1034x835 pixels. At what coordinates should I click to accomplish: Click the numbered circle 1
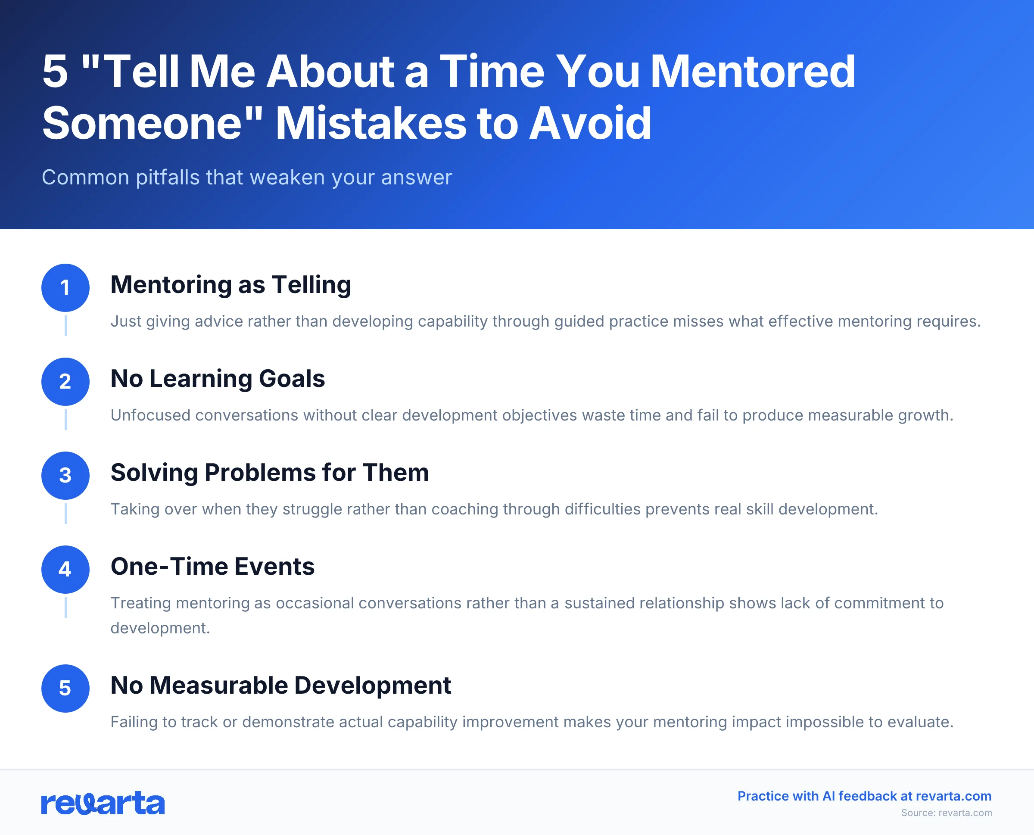pos(65,288)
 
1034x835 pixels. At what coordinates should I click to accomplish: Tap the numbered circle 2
pos(65,381)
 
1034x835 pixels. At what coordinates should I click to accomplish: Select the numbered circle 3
pos(65,475)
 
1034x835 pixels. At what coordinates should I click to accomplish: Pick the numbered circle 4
pos(65,569)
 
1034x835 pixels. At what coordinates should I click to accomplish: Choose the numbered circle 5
pos(65,689)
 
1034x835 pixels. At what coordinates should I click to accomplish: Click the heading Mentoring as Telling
pos(230,285)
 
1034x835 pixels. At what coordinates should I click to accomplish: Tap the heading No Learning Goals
pos(218,379)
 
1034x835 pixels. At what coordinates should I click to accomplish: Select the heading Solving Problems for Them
pos(269,472)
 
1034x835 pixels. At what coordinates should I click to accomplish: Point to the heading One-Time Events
pos(212,566)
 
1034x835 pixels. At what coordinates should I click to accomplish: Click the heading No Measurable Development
pos(280,685)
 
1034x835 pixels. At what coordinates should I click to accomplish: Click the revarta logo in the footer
pos(103,803)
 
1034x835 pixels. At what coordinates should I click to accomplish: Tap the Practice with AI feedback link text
pos(864,796)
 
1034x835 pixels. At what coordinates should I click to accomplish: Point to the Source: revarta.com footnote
pos(946,813)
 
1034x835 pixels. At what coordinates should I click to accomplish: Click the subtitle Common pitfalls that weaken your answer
pos(247,178)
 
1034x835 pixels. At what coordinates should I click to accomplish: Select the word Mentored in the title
pos(753,72)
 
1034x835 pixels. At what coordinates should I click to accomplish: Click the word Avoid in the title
pos(590,124)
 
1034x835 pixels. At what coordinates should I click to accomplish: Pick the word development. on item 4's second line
pos(160,628)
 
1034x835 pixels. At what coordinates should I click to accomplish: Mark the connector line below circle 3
pos(66,513)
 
